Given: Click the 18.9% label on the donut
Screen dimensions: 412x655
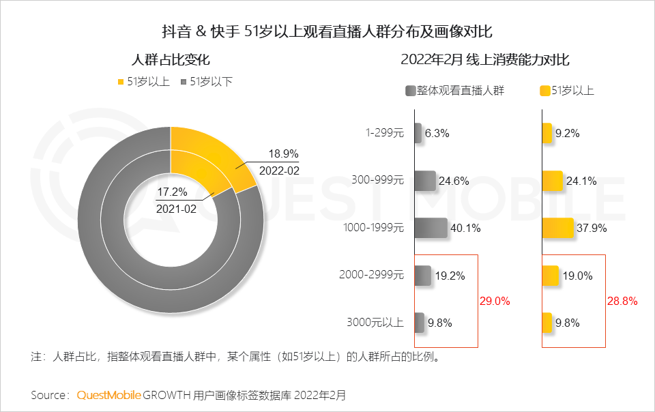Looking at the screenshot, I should pos(283,153).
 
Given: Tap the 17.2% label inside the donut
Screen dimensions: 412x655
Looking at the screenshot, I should pos(172,193).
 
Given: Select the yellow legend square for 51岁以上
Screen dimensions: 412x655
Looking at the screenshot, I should pos(121,82).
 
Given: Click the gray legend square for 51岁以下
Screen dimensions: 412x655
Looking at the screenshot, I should pos(184,82).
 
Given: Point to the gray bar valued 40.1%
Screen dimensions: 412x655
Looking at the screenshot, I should pos(431,228).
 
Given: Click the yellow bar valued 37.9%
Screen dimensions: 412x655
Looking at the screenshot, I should pos(557,228).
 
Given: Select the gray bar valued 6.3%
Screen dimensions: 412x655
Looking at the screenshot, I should pos(418,133).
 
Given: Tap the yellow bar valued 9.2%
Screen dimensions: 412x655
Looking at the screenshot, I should pos(547,133).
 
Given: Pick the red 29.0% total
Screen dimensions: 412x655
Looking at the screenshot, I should pos(495,300).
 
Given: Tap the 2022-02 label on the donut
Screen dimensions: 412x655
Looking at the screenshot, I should pos(279,170).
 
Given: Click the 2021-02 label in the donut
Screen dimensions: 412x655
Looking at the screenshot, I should pos(176,209).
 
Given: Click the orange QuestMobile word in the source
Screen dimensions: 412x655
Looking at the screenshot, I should pos(109,395).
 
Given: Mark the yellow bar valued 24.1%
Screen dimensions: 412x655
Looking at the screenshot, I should pos(553,181).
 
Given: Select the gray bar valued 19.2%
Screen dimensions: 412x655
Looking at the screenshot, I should pos(422,276).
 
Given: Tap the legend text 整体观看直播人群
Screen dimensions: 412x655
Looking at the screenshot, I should pos(461,91).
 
